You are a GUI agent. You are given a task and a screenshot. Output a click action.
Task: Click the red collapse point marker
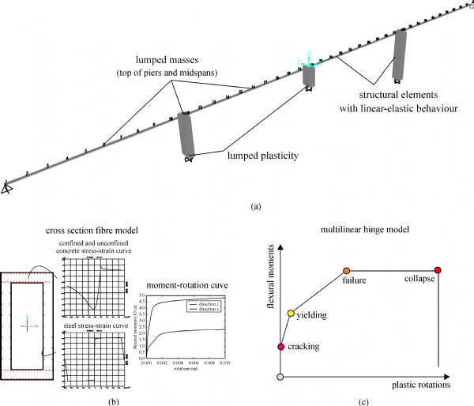click(438, 271)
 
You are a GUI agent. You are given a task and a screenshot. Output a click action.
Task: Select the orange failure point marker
click(346, 271)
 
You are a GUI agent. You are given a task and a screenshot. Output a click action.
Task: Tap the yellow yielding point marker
click(292, 314)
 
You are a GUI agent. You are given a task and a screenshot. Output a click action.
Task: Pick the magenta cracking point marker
click(280, 346)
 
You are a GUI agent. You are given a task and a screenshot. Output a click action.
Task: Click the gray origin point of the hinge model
click(280, 377)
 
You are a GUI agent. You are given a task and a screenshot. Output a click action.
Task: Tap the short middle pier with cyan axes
click(308, 76)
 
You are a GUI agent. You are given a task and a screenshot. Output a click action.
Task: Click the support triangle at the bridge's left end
click(6, 188)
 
